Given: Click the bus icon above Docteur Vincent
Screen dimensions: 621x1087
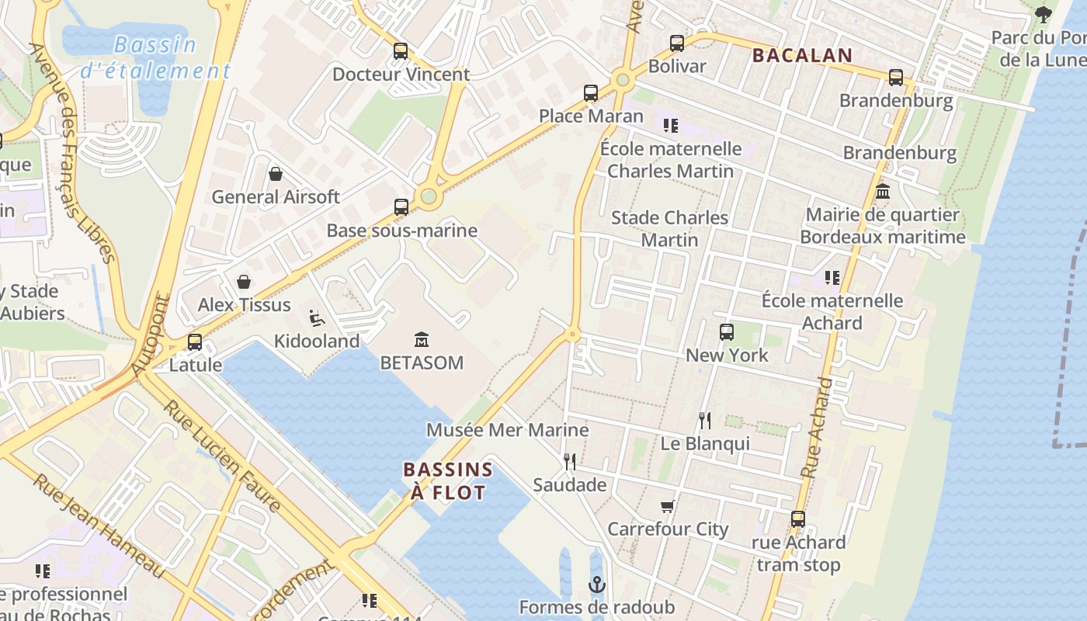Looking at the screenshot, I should pyautogui.click(x=401, y=51).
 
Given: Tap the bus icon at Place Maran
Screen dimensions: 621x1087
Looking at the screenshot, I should pyautogui.click(x=591, y=93).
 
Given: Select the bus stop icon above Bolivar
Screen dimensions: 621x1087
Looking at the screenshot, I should pyautogui.click(x=677, y=43).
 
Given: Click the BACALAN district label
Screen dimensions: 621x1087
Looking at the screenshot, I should pyautogui.click(x=802, y=56).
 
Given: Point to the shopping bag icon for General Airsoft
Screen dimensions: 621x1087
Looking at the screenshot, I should pyautogui.click(x=275, y=174).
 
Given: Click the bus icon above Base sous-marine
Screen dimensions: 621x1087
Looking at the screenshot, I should pyautogui.click(x=401, y=207).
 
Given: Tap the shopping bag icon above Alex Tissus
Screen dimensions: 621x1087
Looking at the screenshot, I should pyautogui.click(x=244, y=281).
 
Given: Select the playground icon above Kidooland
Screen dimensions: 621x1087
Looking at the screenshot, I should pyautogui.click(x=317, y=317).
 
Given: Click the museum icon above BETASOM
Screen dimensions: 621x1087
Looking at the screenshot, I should pyautogui.click(x=422, y=339).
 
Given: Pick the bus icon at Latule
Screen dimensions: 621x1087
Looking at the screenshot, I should pyautogui.click(x=195, y=342).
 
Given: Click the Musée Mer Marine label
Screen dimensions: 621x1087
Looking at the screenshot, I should pyautogui.click(x=508, y=430).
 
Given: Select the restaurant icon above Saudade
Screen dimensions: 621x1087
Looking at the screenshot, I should pyautogui.click(x=570, y=462).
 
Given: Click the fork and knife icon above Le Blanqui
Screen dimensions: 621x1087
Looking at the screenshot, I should pyautogui.click(x=705, y=421).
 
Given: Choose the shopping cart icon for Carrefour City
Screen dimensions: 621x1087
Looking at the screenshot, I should pyautogui.click(x=667, y=507).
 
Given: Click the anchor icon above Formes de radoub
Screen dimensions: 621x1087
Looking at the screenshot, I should pyautogui.click(x=597, y=585).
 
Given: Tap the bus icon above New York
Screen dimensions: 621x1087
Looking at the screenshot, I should pyautogui.click(x=727, y=332).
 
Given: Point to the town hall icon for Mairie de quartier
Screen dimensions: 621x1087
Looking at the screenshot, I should pyautogui.click(x=883, y=192).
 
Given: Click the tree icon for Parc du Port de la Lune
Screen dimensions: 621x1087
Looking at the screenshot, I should pyautogui.click(x=1044, y=15).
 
